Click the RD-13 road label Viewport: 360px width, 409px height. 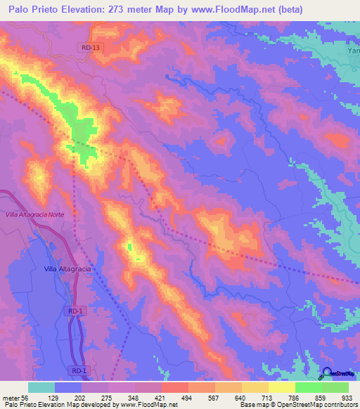tap(86, 47)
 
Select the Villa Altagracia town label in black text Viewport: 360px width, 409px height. tap(68, 268)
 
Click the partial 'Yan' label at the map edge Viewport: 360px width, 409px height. tap(352, 51)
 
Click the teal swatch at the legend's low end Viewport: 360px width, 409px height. tap(41, 387)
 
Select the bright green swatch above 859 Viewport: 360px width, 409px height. tap(308, 387)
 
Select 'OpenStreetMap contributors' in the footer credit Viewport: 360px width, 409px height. tap(314, 405)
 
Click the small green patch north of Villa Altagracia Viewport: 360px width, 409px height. tap(129, 247)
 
